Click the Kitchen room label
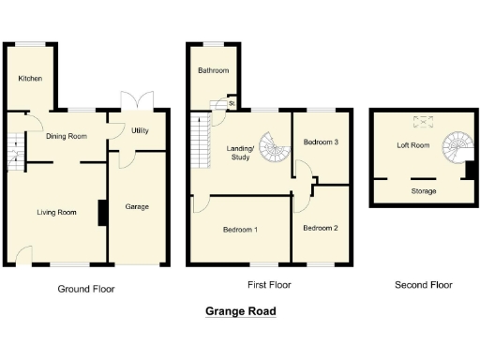click(x=30, y=79)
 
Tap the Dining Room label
click(x=66, y=136)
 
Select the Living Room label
click(x=56, y=213)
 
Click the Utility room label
click(x=141, y=130)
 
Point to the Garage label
click(x=138, y=206)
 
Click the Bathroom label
click(x=213, y=70)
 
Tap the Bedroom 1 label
click(x=241, y=230)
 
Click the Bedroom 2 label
click(x=321, y=228)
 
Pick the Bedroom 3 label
click(x=321, y=142)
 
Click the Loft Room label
click(x=412, y=145)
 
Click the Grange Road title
click(x=240, y=311)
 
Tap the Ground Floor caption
click(x=86, y=289)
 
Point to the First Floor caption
click(x=269, y=284)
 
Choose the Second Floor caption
click(x=423, y=284)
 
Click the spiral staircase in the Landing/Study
click(x=275, y=146)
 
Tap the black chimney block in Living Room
click(x=100, y=213)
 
